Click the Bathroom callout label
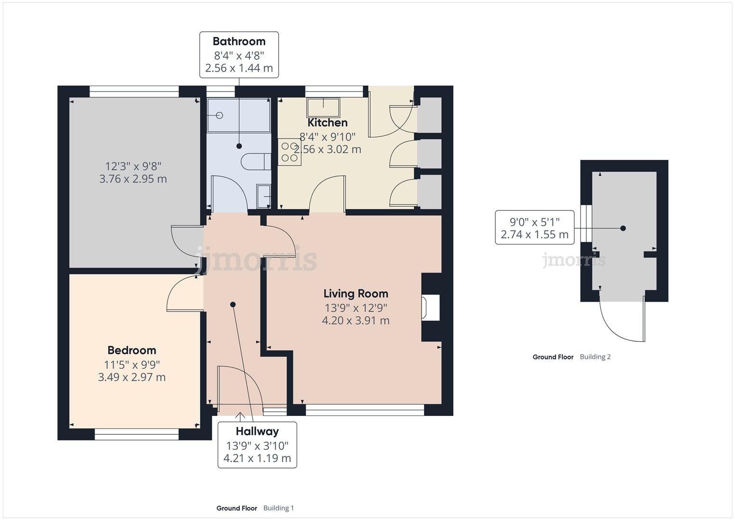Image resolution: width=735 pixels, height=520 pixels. coord(239,54)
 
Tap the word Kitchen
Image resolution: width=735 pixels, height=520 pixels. coord(327,122)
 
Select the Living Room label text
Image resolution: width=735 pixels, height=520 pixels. coord(356,293)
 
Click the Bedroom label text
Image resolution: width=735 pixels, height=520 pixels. coord(131,350)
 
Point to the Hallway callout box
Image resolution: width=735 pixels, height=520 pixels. coord(257,444)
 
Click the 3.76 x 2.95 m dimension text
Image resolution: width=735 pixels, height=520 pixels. coord(133,179)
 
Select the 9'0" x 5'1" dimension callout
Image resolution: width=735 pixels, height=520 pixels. coord(534,228)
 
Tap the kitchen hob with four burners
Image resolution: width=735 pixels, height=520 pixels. coord(289,152)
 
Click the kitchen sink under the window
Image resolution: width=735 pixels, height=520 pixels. coord(323,107)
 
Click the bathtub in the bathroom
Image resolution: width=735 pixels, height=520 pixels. coord(238,115)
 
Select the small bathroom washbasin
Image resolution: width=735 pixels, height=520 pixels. coord(263,196)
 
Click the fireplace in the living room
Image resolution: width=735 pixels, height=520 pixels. coord(430,307)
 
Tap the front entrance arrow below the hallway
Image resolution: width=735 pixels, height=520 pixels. coord(240,416)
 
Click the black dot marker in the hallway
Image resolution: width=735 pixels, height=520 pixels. coord(233,304)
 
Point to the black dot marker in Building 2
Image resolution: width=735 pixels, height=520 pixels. coord(623,228)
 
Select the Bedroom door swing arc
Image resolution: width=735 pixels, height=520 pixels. coord(182,294)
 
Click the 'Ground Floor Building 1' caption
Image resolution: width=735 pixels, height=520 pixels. coord(255,508)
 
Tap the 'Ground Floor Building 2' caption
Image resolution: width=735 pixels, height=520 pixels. coord(571,357)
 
